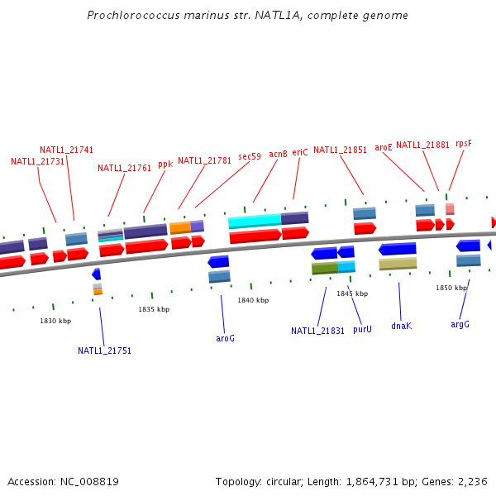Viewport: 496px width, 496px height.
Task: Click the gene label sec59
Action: tap(249, 156)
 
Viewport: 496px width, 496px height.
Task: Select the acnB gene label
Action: tap(278, 154)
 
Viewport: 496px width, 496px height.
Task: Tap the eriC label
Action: tap(300, 152)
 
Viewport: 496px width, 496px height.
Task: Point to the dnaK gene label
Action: tap(401, 326)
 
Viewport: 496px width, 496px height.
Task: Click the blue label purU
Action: tap(362, 329)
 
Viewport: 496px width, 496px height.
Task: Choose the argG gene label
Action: tap(460, 324)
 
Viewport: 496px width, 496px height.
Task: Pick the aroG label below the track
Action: tap(225, 338)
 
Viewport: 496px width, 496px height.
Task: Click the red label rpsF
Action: tap(464, 143)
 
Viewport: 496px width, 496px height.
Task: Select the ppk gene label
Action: tap(165, 164)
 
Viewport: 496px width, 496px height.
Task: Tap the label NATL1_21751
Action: tap(104, 351)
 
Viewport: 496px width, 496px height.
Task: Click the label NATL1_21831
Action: tap(317, 331)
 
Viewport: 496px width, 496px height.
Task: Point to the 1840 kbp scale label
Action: tap(253, 300)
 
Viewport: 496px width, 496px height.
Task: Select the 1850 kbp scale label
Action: tap(451, 288)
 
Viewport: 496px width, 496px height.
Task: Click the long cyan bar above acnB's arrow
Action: tap(255, 222)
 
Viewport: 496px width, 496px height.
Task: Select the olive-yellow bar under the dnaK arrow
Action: tap(398, 264)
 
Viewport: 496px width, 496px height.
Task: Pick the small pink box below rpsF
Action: tap(450, 209)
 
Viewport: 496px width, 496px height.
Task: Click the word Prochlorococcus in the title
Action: tap(129, 16)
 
